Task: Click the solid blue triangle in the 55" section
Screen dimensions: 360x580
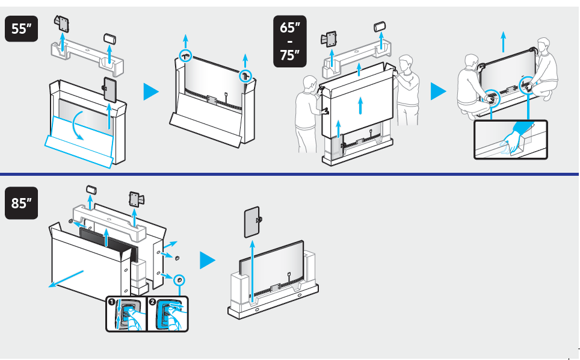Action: (151, 92)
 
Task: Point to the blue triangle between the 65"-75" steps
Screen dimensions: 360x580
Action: (439, 92)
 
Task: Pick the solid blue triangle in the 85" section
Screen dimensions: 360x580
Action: (208, 260)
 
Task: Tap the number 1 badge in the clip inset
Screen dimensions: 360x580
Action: (112, 302)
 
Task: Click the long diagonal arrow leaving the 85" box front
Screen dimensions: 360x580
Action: (68, 279)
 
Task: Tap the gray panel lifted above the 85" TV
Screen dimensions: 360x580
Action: (252, 222)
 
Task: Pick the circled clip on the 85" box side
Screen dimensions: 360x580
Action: (179, 281)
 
